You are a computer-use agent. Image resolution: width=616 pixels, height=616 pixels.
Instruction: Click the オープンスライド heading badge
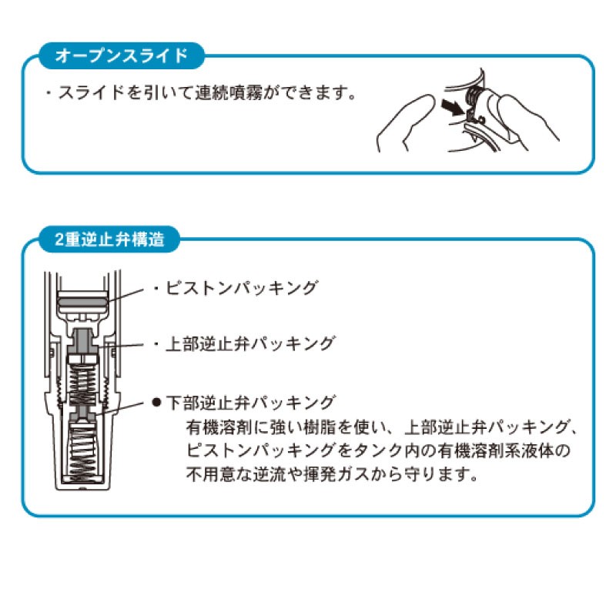coord(122,55)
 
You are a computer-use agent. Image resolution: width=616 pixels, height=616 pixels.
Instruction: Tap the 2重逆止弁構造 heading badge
coord(109,239)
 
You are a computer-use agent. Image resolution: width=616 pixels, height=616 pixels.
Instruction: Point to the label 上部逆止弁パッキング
coord(250,343)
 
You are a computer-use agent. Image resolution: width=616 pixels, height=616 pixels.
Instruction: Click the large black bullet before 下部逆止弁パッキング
coord(157,403)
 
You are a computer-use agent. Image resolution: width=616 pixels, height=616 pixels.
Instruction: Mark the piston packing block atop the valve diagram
coord(82,302)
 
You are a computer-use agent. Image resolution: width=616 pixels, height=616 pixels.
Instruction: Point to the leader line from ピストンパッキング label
coord(124,296)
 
